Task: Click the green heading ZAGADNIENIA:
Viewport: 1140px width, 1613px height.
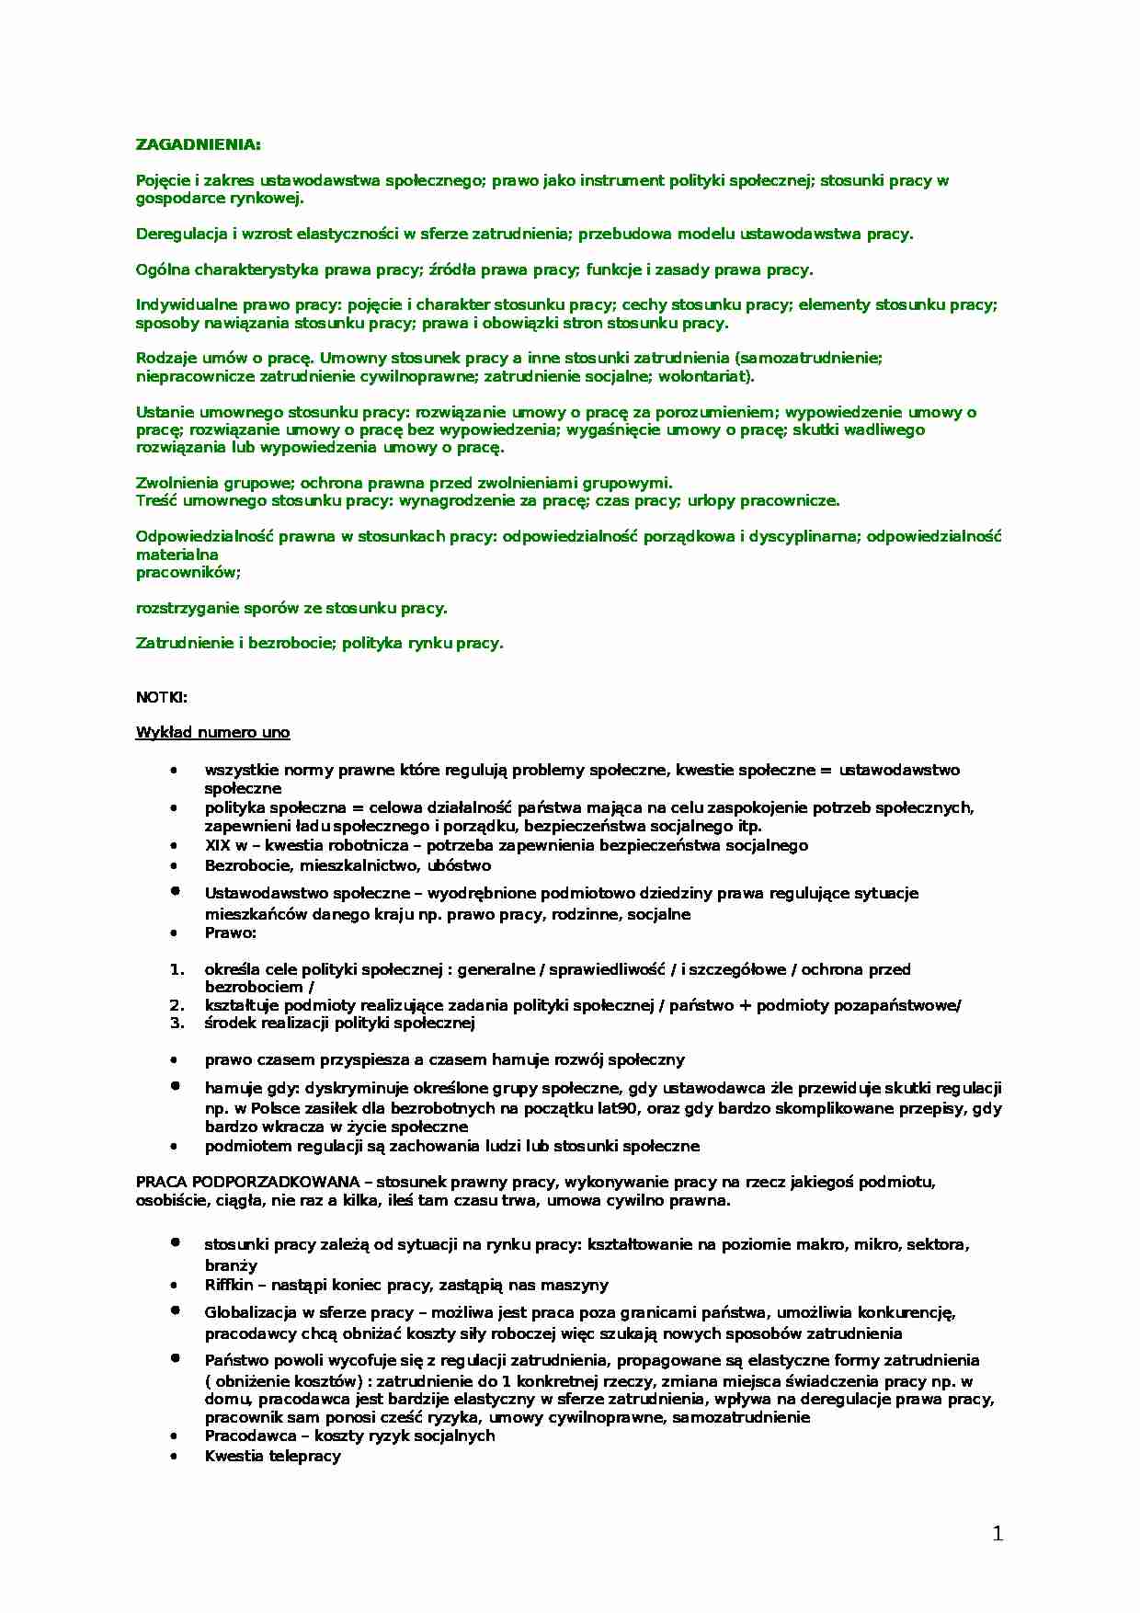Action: click(198, 144)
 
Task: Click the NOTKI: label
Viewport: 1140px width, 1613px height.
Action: click(161, 697)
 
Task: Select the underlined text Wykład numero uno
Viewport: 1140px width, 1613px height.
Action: click(212, 733)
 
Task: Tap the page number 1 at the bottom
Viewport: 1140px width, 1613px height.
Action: click(997, 1533)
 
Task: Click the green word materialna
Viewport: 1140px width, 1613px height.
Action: click(177, 555)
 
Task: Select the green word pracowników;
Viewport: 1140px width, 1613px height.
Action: click(188, 572)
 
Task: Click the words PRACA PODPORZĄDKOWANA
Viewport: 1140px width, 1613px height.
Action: click(247, 1182)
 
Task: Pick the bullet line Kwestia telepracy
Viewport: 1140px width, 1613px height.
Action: click(272, 1456)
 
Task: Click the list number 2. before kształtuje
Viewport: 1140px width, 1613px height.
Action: click(177, 1005)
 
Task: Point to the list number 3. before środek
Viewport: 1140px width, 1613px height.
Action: click(177, 1023)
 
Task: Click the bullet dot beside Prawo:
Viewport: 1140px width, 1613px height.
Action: click(174, 932)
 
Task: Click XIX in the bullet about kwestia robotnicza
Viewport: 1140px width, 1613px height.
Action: click(217, 845)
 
